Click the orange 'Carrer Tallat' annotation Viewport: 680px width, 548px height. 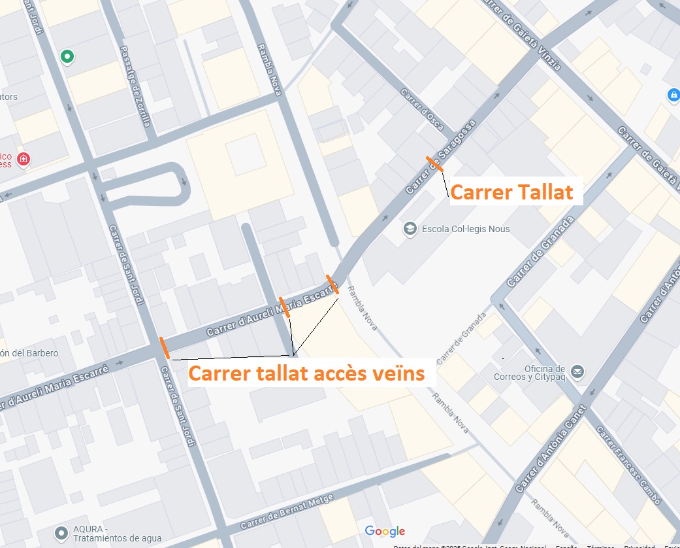point(511,192)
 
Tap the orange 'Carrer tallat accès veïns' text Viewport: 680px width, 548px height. point(306,374)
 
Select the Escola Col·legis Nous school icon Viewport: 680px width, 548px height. point(410,229)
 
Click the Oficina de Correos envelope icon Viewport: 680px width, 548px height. point(577,372)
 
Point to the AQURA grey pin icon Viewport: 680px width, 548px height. point(61,533)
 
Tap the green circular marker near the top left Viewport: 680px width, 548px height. point(67,57)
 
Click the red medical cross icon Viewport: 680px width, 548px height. point(24,159)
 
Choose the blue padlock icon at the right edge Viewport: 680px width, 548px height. point(673,95)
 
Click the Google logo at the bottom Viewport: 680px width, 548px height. point(385,531)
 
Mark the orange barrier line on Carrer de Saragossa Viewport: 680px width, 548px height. point(434,164)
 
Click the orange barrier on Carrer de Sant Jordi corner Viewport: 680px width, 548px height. point(164,348)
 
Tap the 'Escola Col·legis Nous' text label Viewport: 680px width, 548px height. point(466,229)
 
